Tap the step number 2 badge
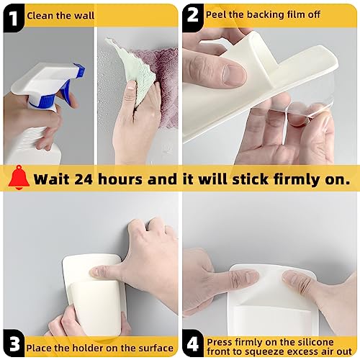[x=193, y=14]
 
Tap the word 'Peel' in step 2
[x=217, y=14]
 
